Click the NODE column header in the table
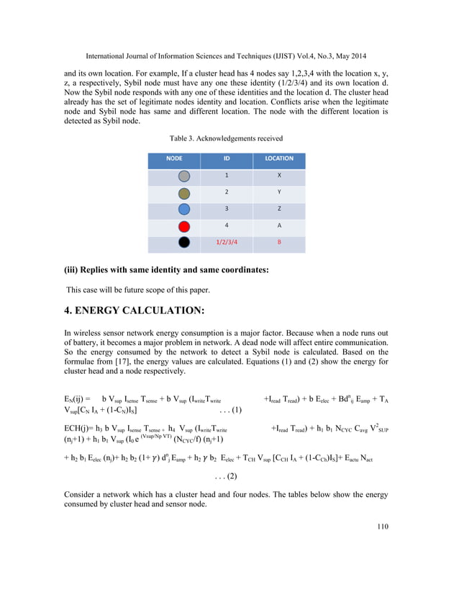coord(174,158)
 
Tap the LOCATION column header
coord(278,158)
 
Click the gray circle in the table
coord(184,176)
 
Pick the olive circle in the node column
coord(184,193)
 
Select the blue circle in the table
coord(184,210)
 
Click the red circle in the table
coord(184,226)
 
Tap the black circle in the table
coord(184,243)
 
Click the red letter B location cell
coord(278,243)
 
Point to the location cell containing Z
coord(278,210)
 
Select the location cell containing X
coord(278,176)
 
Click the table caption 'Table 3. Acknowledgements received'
coord(226,138)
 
